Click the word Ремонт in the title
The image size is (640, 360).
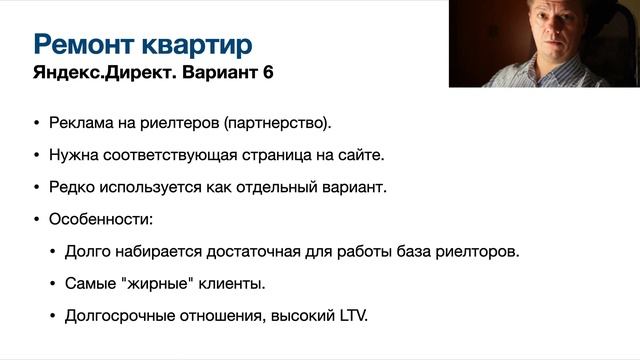coord(82,44)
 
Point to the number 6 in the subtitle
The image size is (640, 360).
coord(266,74)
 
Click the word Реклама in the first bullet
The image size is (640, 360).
coord(80,124)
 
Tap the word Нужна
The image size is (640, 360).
coord(73,156)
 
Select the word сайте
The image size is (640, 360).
coord(361,156)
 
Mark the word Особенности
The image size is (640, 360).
coord(99,218)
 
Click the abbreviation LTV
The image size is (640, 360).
coord(352,316)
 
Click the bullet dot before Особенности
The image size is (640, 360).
coord(37,219)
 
